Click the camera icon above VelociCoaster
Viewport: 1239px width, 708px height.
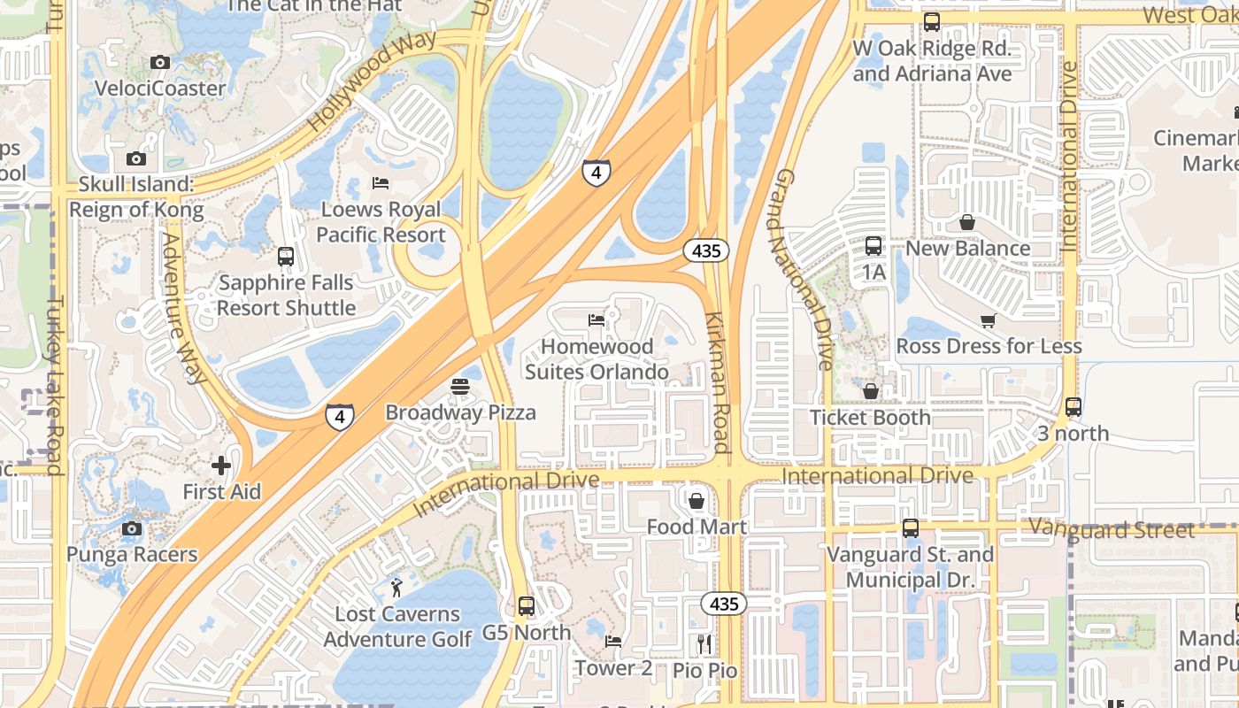[x=160, y=62]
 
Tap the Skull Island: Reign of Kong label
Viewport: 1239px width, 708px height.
[x=136, y=197]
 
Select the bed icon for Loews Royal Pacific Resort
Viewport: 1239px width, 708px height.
[x=381, y=183]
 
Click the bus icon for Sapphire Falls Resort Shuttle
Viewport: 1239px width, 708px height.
[x=286, y=257]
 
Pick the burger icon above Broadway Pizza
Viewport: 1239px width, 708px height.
[x=459, y=386]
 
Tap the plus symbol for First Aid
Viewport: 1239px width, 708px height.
[x=221, y=466]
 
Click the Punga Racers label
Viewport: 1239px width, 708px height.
[x=132, y=555]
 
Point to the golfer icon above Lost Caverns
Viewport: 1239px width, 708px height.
[x=396, y=587]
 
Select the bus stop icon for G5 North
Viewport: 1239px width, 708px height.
[x=527, y=606]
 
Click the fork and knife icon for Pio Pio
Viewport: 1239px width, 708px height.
[x=704, y=643]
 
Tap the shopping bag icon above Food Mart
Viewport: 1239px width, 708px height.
[x=696, y=501]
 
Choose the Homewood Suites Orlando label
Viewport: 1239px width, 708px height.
[x=596, y=359]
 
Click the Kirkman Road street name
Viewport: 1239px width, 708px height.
[x=719, y=382]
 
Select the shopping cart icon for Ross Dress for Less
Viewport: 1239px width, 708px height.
[x=988, y=320]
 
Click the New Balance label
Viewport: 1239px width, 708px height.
[x=967, y=249]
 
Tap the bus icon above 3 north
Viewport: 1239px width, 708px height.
[x=1073, y=407]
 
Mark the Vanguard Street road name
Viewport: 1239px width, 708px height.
[x=1112, y=530]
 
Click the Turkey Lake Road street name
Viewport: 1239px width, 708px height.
[x=56, y=385]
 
